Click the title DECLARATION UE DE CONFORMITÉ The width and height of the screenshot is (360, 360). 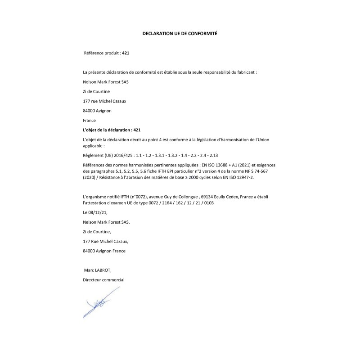[180, 33]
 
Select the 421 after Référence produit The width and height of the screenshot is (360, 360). [126, 53]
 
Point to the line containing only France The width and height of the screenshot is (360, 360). [90, 120]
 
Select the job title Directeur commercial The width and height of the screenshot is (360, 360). [103, 280]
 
